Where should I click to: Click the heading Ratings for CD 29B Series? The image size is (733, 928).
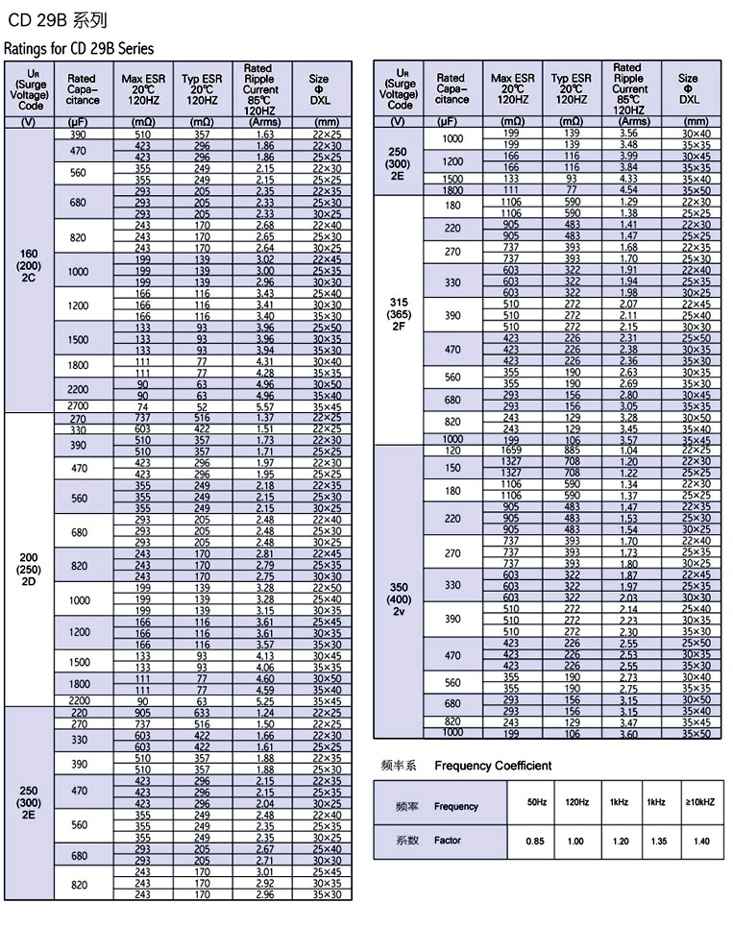(79, 48)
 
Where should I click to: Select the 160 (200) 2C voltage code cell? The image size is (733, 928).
(29, 265)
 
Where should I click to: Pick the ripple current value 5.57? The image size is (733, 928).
(265, 406)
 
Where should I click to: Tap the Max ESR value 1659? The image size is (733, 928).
(511, 450)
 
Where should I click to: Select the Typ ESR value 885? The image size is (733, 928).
(572, 450)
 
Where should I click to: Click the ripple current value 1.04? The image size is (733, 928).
(628, 450)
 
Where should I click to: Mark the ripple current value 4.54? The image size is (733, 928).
(628, 190)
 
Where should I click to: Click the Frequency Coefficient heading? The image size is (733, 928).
(493, 766)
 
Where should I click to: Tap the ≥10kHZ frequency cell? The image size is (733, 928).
(700, 802)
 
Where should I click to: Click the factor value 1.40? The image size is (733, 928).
(700, 841)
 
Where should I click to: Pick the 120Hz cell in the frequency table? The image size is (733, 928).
(577, 802)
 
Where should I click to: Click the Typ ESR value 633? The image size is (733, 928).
(202, 713)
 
